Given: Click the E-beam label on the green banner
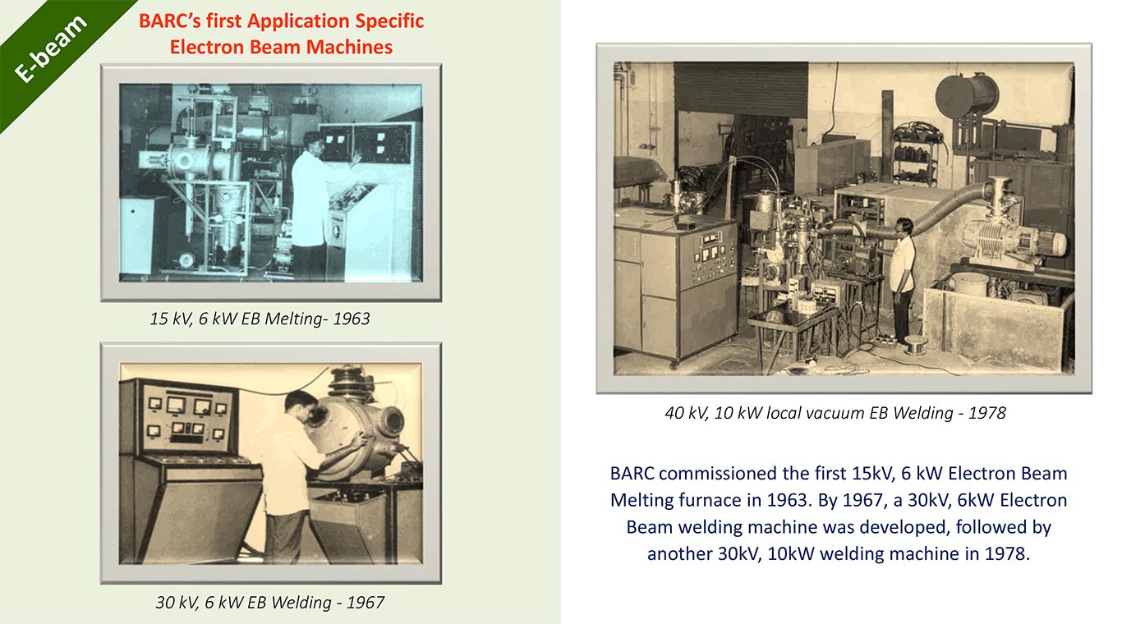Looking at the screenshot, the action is tap(51, 49).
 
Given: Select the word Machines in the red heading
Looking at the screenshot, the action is tap(349, 47).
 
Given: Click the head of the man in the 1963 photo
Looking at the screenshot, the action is tap(314, 142).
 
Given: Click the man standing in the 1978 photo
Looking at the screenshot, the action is tap(902, 279).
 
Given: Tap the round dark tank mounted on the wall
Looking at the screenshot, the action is tap(966, 96).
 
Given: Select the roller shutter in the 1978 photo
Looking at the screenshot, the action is tap(741, 89).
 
